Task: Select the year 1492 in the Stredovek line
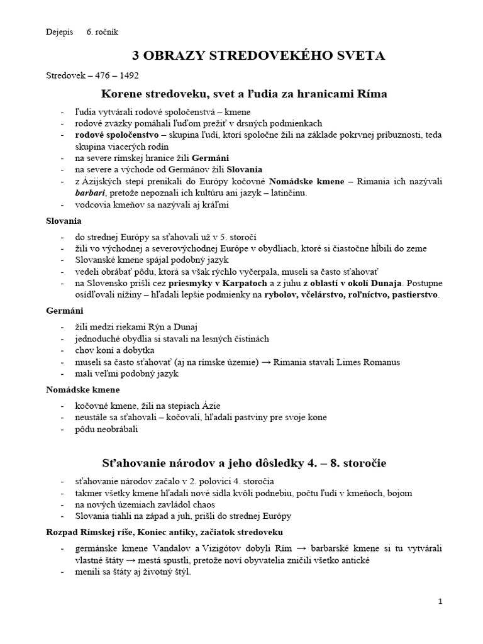[128, 75]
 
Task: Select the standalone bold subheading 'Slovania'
[64, 221]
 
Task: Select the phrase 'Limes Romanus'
[369, 362]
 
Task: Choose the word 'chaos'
[202, 504]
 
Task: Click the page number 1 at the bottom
[440, 602]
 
